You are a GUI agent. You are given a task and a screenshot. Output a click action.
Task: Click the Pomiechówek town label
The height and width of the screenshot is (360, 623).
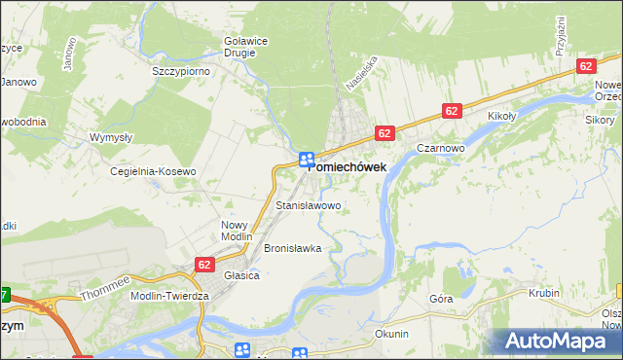[x=347, y=166]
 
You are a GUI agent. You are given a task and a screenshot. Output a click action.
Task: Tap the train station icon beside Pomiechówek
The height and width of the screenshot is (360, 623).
[x=306, y=159]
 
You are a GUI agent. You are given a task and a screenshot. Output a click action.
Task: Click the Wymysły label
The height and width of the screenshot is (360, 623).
[x=111, y=138]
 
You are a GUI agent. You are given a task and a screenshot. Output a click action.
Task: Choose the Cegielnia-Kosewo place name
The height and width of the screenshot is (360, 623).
[x=153, y=171]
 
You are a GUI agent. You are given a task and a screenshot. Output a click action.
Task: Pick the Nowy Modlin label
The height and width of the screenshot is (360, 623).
[x=237, y=230]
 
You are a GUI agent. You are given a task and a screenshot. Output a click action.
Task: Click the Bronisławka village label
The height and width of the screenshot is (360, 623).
[x=292, y=248]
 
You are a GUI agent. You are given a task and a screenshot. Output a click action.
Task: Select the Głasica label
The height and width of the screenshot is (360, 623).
[x=241, y=275]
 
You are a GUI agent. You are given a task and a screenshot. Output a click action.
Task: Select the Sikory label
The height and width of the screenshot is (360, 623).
[x=600, y=120]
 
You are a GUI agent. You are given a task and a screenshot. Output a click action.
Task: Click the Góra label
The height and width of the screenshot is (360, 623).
[x=441, y=299]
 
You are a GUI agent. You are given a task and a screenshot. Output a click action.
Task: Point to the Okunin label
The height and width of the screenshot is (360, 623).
[x=391, y=334]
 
